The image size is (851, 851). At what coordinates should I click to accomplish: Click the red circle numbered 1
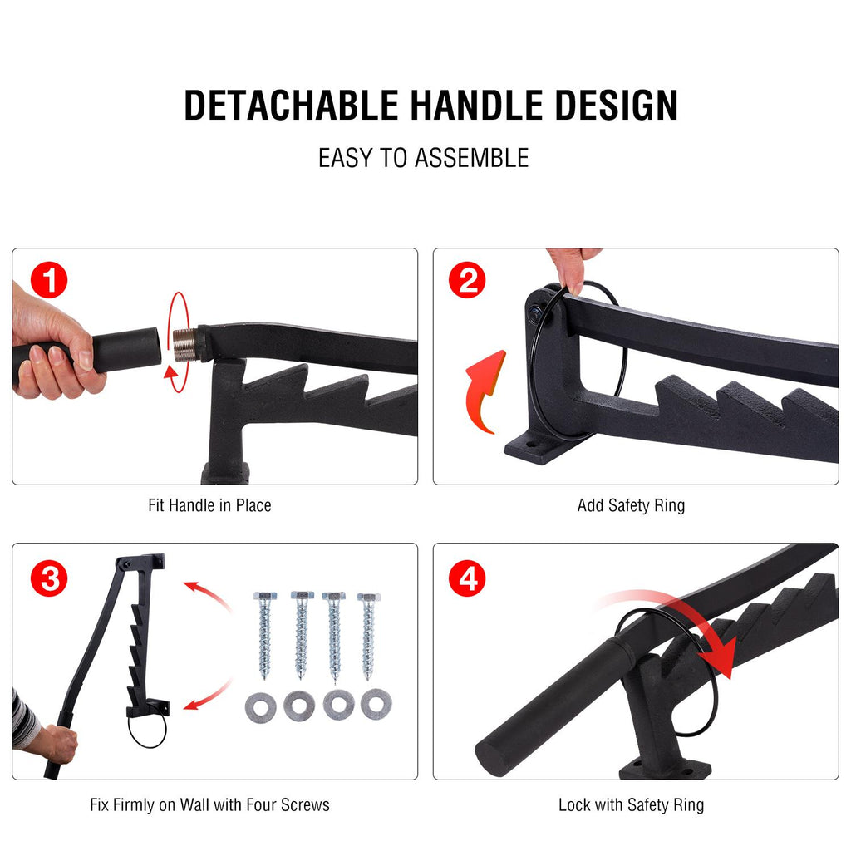pos(49,280)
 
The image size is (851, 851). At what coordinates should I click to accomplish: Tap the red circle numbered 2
pos(467,280)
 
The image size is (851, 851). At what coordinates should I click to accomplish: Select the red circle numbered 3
pos(49,578)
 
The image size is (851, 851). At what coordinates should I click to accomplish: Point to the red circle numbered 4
pos(467,578)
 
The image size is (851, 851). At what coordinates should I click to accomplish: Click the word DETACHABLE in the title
pos(292,105)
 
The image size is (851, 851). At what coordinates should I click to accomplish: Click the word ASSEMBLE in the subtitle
pos(472,158)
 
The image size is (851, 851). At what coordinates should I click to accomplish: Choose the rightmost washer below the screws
pos(376,704)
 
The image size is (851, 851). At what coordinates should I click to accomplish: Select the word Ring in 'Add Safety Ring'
pos(669,505)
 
